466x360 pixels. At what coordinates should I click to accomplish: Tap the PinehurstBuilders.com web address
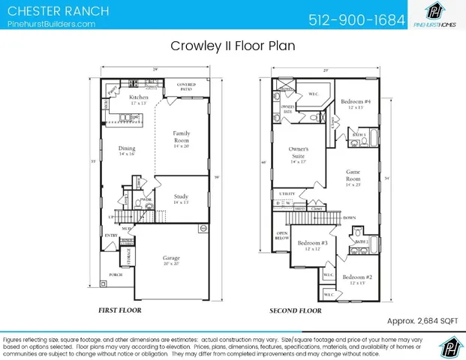[51, 24]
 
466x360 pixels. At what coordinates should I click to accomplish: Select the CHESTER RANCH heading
[57, 10]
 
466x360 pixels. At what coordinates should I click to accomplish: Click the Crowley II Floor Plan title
[233, 46]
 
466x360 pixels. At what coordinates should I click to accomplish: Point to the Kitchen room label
[139, 97]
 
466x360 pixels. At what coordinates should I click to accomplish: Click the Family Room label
[182, 137]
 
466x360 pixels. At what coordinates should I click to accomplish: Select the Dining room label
[126, 148]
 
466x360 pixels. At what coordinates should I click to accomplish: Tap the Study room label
[181, 198]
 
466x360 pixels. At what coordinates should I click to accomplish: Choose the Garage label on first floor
[171, 258]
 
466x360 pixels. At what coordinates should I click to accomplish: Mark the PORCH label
[115, 274]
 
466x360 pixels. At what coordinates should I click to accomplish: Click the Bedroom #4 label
[355, 101]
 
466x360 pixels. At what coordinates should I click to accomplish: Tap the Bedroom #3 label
[312, 243]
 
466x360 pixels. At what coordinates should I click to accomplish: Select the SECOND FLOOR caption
[296, 310]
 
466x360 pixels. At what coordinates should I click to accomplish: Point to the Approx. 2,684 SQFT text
[421, 320]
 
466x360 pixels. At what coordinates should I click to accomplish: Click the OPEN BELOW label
[282, 236]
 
